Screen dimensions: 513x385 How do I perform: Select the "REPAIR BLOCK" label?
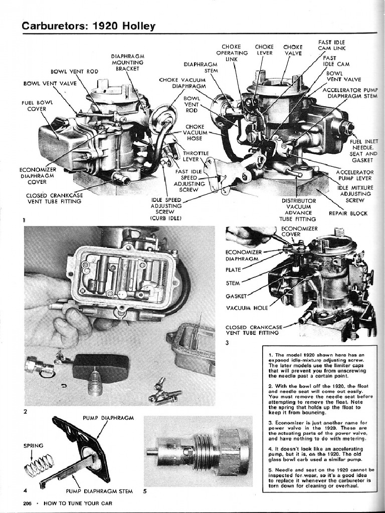coord(348,213)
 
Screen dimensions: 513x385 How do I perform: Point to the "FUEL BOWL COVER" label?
coord(34,106)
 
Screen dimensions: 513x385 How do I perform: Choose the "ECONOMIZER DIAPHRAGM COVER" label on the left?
coord(37,175)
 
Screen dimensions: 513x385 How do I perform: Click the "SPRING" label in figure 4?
coord(34,445)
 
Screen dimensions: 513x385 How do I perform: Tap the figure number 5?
coord(145,491)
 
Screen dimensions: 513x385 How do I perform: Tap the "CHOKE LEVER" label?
coord(264,50)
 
